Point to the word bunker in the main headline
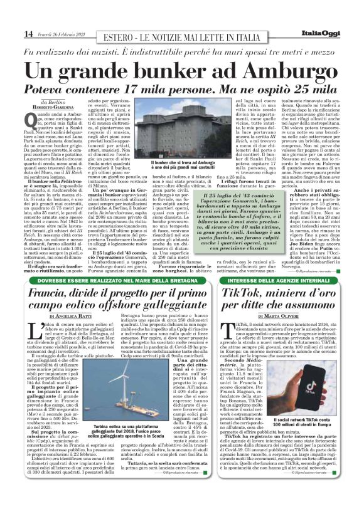pos(171,70)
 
